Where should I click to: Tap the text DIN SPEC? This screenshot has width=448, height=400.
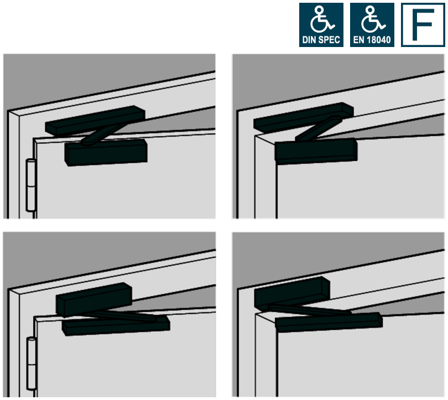click(321, 40)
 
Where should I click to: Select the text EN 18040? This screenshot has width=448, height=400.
click(372, 40)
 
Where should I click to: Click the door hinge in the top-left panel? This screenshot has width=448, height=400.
click(30, 185)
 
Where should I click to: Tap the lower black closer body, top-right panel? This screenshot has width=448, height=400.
click(316, 149)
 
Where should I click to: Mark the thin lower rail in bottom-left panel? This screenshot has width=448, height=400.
click(116, 326)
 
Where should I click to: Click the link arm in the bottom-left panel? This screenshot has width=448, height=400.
click(127, 315)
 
